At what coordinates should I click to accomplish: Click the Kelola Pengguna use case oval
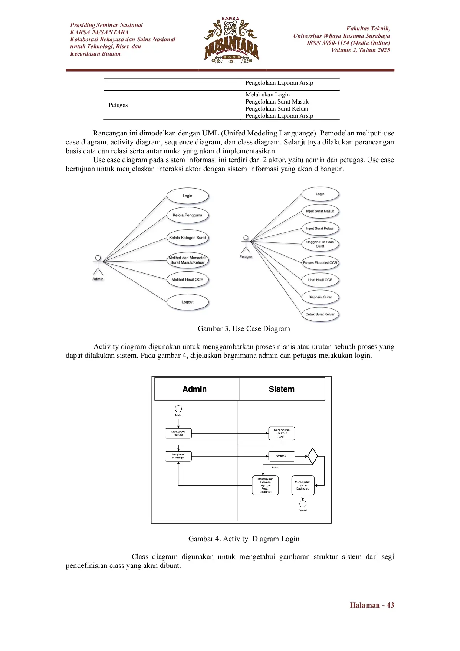(187, 215)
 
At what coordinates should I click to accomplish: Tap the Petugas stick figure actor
(245, 244)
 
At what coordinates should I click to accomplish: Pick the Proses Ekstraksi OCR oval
(320, 263)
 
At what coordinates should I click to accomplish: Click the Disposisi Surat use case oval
(320, 297)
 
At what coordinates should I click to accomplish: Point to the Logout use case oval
(187, 302)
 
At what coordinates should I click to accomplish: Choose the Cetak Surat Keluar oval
(320, 314)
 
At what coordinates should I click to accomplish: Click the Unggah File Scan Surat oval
(320, 244)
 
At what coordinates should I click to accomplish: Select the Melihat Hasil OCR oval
(187, 279)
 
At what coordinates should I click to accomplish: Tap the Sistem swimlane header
(282, 389)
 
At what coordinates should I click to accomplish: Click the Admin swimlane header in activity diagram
(195, 389)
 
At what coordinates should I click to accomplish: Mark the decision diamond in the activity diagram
(313, 456)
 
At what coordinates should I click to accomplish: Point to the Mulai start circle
(178, 409)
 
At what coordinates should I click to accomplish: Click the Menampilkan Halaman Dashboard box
(303, 485)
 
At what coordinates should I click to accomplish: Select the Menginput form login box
(178, 456)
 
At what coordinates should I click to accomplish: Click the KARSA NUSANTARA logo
(231, 40)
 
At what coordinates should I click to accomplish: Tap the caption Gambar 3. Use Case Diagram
(244, 329)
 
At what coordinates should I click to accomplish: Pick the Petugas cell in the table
(118, 105)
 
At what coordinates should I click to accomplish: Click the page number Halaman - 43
(372, 605)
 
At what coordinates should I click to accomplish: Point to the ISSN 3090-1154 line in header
(348, 43)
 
